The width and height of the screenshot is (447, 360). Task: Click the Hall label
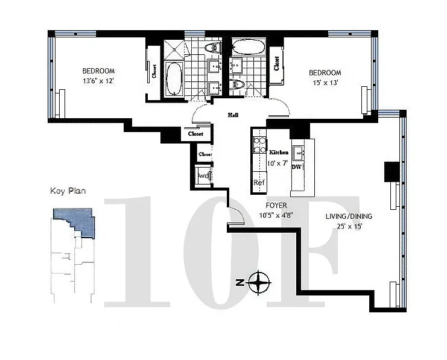[x=233, y=115]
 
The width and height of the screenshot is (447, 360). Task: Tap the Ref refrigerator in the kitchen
[x=259, y=183]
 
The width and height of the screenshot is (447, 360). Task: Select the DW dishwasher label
[x=296, y=167]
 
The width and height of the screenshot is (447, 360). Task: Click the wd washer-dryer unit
[x=204, y=176]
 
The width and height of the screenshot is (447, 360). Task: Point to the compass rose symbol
[x=259, y=282]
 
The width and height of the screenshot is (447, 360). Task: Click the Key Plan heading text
[x=68, y=191]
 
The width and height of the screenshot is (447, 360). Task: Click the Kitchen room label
[x=279, y=153]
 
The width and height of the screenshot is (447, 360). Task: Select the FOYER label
[x=276, y=206]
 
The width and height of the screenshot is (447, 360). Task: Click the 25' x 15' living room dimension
[x=349, y=227]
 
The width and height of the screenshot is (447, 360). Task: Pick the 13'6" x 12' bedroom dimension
[x=98, y=81]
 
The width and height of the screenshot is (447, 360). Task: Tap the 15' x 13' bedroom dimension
[x=325, y=83]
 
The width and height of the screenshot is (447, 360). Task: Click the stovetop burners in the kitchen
[x=259, y=145]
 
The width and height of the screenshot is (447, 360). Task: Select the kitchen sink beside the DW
[x=298, y=153]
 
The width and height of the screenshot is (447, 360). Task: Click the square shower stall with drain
[x=174, y=49]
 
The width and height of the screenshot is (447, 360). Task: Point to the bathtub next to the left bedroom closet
[x=173, y=78]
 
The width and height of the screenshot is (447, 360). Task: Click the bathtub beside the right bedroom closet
[x=248, y=47]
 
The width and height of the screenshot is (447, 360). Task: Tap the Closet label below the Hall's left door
[x=195, y=134]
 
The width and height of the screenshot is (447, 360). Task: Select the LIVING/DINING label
[x=349, y=216]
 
